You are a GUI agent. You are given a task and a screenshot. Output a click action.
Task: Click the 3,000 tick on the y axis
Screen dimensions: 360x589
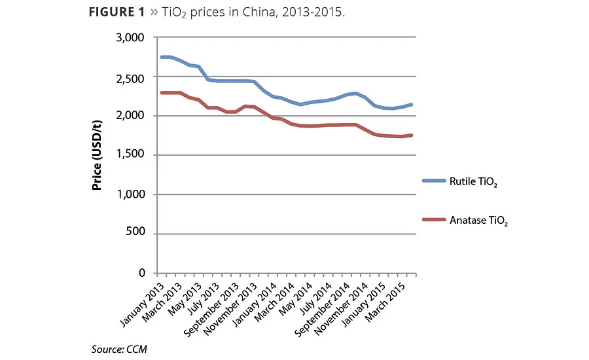[130, 37]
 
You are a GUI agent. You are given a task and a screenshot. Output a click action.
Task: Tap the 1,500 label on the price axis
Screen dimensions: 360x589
[130, 155]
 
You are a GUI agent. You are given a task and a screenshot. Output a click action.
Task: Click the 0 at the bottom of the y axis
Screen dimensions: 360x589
[141, 273]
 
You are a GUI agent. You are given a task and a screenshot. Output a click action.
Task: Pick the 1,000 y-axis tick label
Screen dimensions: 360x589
[130, 194]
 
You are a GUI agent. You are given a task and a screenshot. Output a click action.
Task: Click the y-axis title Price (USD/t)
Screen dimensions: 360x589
[97, 156]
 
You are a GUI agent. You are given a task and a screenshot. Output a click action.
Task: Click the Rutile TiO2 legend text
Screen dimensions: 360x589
[474, 182]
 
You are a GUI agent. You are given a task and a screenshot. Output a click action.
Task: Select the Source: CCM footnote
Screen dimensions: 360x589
[119, 349]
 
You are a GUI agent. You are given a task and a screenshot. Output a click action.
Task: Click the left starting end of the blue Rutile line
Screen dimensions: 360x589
[162, 57]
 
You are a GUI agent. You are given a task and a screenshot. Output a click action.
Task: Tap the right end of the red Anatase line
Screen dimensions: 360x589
[412, 135]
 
